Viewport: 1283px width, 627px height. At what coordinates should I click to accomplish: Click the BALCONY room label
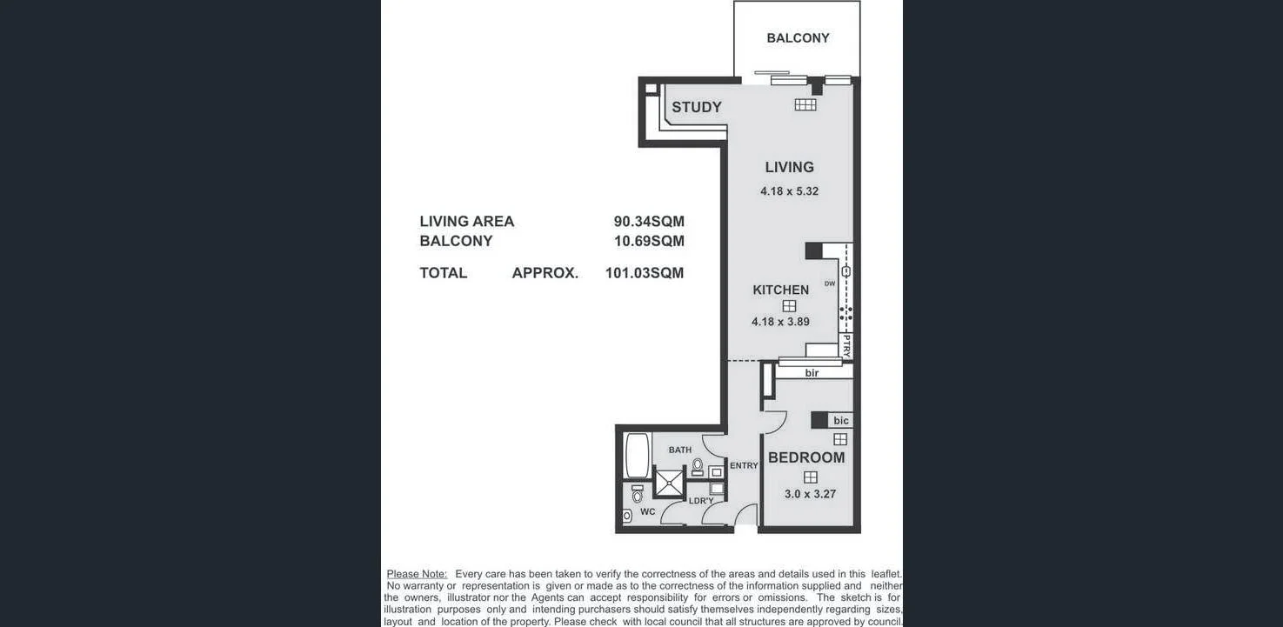point(798,38)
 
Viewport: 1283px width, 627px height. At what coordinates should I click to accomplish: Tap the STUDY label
point(696,107)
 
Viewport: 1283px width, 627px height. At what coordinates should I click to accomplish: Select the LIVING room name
point(789,167)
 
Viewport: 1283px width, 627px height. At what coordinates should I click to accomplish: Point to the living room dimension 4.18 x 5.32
point(789,191)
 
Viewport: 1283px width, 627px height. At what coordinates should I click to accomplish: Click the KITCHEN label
point(780,290)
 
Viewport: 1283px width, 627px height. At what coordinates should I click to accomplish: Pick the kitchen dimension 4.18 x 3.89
point(780,322)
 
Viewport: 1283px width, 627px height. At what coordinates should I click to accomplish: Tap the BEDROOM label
point(806,457)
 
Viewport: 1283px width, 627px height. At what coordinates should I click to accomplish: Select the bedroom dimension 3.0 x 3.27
point(810,494)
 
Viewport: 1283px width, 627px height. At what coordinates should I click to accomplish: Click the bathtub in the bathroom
point(638,456)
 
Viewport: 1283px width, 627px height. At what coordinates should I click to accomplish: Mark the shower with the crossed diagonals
point(669,483)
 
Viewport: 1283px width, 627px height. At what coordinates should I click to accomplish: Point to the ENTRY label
point(744,466)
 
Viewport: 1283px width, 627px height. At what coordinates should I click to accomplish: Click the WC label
point(647,512)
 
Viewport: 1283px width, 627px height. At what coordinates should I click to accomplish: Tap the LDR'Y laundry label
point(701,501)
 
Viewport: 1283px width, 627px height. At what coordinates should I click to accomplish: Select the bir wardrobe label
point(812,373)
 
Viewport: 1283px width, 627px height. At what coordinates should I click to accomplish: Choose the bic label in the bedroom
point(840,421)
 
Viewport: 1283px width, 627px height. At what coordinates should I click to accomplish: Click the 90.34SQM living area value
point(649,222)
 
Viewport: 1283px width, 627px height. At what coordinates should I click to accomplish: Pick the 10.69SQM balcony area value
point(649,241)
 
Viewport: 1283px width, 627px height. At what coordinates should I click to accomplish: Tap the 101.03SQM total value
point(645,273)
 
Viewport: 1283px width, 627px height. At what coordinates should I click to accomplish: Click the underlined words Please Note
point(417,574)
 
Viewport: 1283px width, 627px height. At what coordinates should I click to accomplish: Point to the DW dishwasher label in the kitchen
point(829,283)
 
